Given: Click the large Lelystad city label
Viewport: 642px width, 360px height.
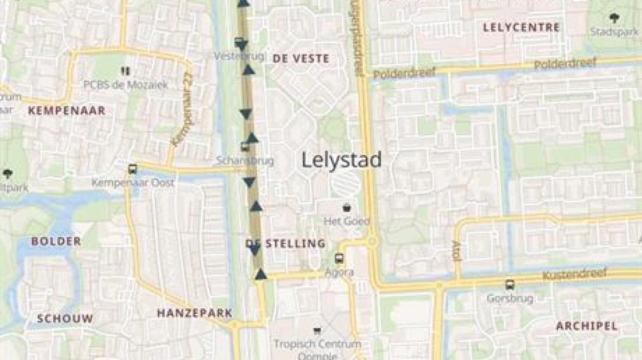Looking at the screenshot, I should coord(342,160).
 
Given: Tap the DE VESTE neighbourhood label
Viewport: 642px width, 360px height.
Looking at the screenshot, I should coord(301,58).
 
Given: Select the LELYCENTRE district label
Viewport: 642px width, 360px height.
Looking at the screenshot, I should coord(521,28).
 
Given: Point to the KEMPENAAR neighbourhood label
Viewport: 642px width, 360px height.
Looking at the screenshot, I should coord(66,111).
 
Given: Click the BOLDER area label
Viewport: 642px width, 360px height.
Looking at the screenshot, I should coord(56,241).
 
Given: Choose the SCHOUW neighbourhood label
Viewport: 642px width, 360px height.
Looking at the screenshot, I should coord(65,319).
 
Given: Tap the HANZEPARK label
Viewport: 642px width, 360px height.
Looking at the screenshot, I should coord(195,313).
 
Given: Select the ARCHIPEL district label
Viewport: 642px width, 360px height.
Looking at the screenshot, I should coord(587,326).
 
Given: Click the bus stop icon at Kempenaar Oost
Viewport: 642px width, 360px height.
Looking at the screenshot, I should coord(133,169).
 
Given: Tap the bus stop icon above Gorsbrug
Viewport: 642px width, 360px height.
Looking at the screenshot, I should coord(510,284).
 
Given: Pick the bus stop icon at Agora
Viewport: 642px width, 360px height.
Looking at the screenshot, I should coord(339,259).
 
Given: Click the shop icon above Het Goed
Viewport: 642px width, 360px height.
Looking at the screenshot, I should coord(347,208).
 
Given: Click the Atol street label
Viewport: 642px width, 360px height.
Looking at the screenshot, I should coord(457,251).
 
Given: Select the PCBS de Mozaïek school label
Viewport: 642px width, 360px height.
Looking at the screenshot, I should coord(126,85).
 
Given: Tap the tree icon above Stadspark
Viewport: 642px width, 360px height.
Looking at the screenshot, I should coord(615,18).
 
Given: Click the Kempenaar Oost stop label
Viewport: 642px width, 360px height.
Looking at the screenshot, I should coord(133,182).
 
